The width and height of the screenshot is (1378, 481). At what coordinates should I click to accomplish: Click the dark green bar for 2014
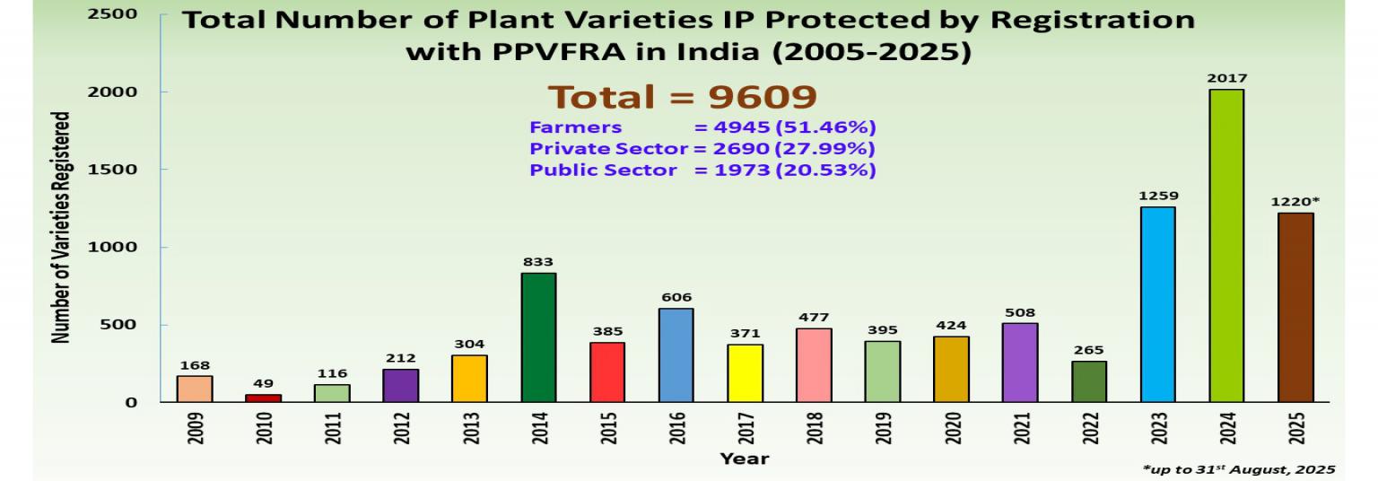[x=538, y=337]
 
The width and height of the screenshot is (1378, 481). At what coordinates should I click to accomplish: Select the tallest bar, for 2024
[x=1226, y=246]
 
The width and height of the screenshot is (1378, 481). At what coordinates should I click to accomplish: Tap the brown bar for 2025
[x=1295, y=308]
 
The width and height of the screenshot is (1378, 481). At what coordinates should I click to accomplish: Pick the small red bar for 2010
[x=263, y=398]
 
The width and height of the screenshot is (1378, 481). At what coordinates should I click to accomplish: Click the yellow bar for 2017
[x=745, y=373]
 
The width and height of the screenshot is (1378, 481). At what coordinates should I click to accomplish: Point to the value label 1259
[x=1158, y=197]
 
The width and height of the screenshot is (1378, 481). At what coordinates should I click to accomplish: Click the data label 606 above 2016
[x=676, y=298]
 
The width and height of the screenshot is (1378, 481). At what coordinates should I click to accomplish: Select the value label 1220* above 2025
[x=1295, y=202]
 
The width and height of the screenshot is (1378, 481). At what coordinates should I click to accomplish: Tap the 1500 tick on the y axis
[x=112, y=169]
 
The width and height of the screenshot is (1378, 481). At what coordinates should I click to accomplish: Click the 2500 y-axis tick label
[x=112, y=13]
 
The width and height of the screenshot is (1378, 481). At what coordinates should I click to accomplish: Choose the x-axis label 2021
[x=1021, y=428]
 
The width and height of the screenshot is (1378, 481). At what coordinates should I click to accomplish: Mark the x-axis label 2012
[x=402, y=428]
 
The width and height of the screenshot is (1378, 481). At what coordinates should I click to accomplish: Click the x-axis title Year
[x=745, y=459]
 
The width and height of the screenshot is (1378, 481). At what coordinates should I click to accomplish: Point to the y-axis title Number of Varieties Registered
[x=60, y=228]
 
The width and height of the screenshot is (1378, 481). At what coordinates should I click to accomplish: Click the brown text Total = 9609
[x=682, y=97]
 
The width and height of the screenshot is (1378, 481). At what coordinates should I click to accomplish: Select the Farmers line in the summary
[x=702, y=127]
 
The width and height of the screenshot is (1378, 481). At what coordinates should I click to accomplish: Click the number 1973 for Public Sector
[x=742, y=171]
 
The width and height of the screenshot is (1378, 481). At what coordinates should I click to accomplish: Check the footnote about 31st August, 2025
[x=1239, y=469]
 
